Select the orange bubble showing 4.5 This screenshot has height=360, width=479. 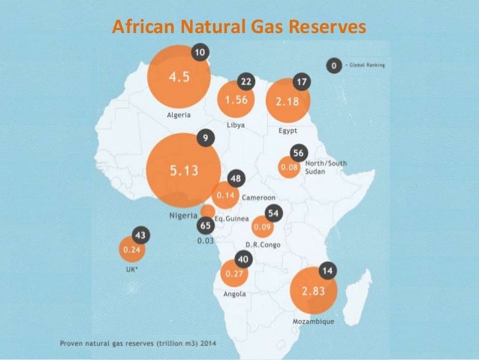tap(177, 77)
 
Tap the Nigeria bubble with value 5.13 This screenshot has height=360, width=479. tap(183, 171)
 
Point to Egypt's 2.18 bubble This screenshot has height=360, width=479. tap(288, 101)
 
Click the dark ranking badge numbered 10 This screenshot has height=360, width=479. tap(200, 53)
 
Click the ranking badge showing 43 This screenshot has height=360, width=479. tap(140, 234)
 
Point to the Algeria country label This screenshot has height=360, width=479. tap(178, 116)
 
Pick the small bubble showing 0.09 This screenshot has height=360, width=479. tap(262, 226)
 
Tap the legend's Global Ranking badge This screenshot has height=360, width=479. tap(331, 66)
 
